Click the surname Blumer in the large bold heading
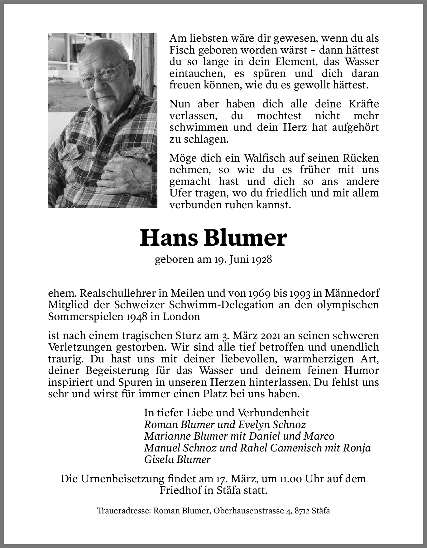245,239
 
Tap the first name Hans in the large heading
169,239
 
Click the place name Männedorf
352,293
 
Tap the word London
181,316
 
